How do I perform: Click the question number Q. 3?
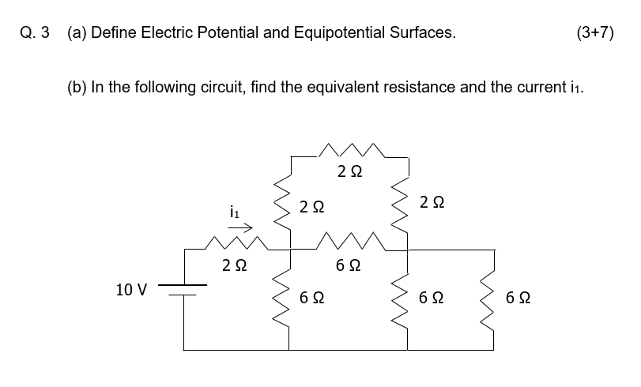pos(34,32)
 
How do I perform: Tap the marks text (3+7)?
pos(595,32)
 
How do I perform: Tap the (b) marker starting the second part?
pos(77,86)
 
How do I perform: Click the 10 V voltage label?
pos(131,289)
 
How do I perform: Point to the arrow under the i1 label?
pos(241,228)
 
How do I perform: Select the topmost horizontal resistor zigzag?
pos(349,149)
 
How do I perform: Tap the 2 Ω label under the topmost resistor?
pos(349,171)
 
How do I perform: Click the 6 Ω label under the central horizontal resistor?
pos(349,266)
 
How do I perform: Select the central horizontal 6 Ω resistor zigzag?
pos(349,242)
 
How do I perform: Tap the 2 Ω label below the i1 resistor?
pos(233,266)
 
